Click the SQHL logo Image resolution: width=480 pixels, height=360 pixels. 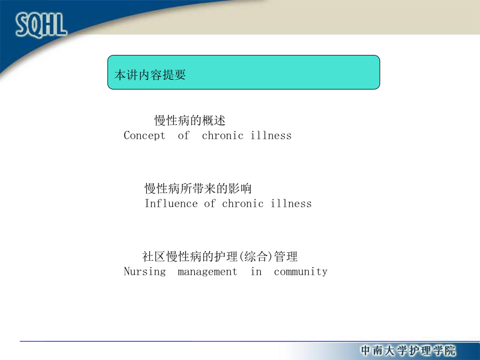tap(41, 25)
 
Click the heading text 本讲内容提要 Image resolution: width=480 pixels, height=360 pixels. tap(150, 75)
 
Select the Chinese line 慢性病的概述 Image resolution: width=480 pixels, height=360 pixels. tap(190, 121)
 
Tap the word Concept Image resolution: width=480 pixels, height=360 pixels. tap(145, 135)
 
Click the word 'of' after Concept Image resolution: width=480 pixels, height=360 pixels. tap(183, 135)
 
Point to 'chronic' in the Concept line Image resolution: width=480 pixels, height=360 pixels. tap(222, 135)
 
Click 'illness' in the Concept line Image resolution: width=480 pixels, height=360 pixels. tap(271, 135)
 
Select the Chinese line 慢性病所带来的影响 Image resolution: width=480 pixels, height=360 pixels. tap(198, 188)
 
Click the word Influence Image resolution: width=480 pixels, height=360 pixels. tap(171, 203)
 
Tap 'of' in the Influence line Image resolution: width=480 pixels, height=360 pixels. tap(210, 203)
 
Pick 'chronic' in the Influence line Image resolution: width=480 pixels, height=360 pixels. tap(243, 203)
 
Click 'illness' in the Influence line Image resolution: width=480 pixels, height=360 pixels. tap(291, 203)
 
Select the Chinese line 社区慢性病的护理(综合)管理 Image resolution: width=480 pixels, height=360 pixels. tap(220, 257)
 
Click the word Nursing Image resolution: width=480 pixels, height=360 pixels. tap(145, 271)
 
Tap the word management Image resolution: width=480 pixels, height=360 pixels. tap(207, 272)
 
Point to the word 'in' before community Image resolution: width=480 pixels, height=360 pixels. tap(256, 271)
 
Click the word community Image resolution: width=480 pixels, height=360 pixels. tap(301, 272)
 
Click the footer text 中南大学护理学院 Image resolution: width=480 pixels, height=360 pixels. tap(409, 350)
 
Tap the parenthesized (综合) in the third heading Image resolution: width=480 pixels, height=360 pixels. tap(255, 257)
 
